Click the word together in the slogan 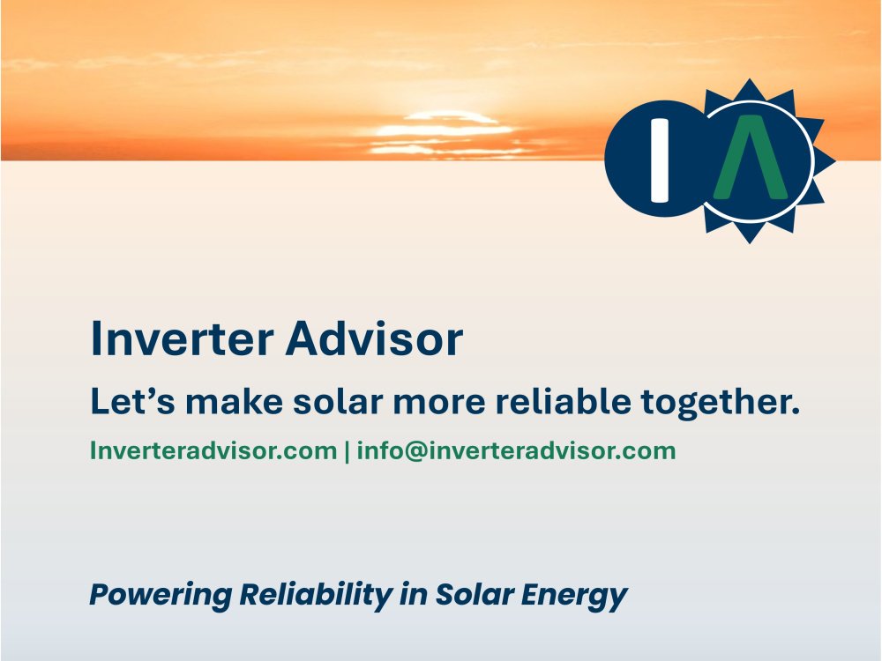coord(720,403)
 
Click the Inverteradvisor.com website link coord(213,451)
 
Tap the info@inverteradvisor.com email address coord(516,451)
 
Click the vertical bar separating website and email coord(347,451)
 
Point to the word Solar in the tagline coord(472,595)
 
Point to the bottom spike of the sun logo coord(750,234)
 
